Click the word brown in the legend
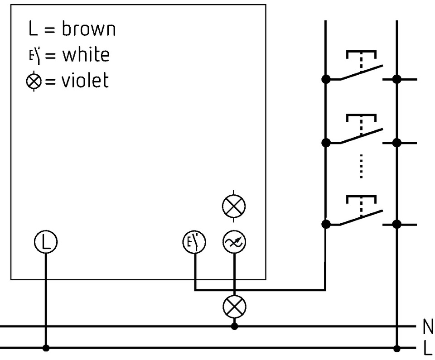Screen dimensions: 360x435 click(x=89, y=29)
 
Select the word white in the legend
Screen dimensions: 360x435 click(x=86, y=55)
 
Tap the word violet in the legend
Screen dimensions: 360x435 click(x=85, y=81)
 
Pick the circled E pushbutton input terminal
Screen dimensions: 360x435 click(x=194, y=243)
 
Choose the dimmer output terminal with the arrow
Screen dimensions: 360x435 click(x=234, y=243)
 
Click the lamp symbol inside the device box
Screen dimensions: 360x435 click(x=234, y=206)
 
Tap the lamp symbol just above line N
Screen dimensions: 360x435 click(x=234, y=307)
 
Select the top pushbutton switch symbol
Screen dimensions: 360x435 click(x=361, y=68)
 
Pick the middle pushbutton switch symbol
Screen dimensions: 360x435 click(x=361, y=131)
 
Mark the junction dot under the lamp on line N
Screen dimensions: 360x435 click(x=234, y=326)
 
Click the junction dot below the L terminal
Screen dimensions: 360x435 click(x=45, y=348)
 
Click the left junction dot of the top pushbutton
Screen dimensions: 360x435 click(x=325, y=79)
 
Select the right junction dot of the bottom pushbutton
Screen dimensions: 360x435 click(x=397, y=224)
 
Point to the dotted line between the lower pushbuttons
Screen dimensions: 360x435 click(x=361, y=167)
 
